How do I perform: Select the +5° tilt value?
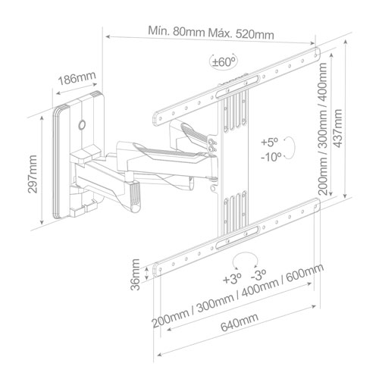click(269, 142)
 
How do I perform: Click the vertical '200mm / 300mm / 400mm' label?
click(324, 130)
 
